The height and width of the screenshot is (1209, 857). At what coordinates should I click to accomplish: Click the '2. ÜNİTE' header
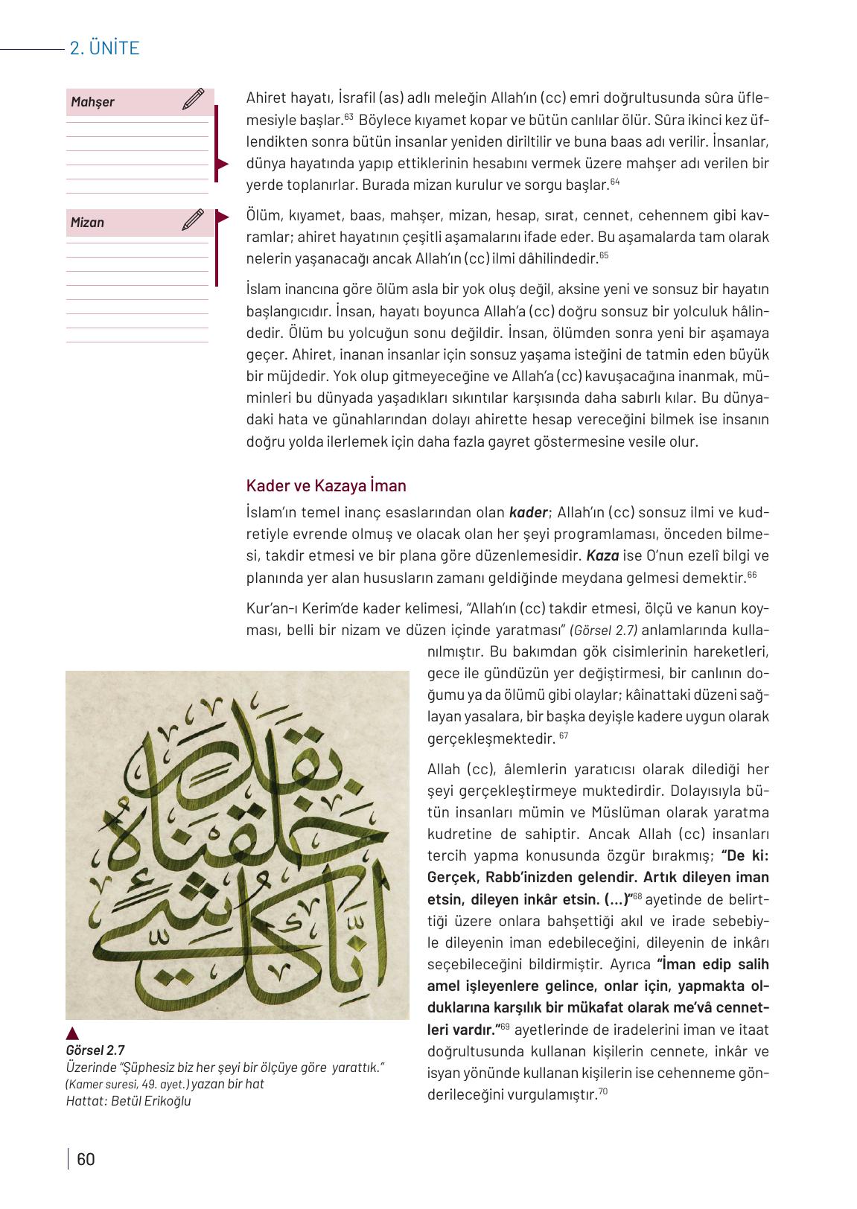(x=104, y=48)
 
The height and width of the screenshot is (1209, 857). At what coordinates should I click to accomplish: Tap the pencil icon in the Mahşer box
(x=193, y=100)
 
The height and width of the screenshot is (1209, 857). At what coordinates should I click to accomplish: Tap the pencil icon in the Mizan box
(x=193, y=220)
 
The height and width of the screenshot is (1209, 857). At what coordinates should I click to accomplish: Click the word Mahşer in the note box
(x=92, y=102)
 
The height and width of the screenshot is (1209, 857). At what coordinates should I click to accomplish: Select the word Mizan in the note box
(x=87, y=223)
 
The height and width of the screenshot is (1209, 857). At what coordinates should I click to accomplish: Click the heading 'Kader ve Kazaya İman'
(x=326, y=486)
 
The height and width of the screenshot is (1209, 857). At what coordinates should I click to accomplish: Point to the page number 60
(x=86, y=1159)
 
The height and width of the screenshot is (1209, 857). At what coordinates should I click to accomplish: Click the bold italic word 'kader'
(x=528, y=512)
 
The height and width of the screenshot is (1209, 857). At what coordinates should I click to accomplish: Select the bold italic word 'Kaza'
(x=602, y=555)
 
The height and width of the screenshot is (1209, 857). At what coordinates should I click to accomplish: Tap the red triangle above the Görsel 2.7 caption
(x=72, y=1033)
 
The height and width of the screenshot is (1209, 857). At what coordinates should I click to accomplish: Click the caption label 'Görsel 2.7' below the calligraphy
(x=95, y=1050)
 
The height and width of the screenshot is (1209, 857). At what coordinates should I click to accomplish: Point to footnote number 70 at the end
(x=603, y=1092)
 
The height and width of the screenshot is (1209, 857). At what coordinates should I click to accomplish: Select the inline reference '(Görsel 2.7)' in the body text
(x=604, y=630)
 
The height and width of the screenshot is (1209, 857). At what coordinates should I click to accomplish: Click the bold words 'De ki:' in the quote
(x=745, y=855)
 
